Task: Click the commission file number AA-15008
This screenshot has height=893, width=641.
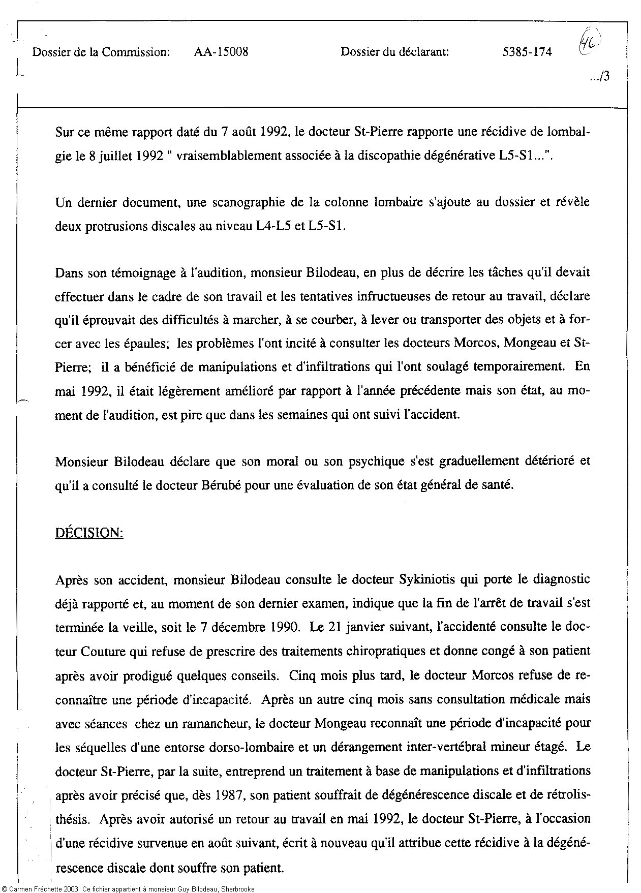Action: pos(221,52)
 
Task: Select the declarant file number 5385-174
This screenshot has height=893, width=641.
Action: pos(527,52)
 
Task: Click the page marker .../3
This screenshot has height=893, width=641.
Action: pos(600,77)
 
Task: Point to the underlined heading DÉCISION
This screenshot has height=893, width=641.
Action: pos(89,534)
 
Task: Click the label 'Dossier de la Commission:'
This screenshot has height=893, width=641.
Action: pos(101,52)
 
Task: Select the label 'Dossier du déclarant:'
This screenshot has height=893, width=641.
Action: pos(394,52)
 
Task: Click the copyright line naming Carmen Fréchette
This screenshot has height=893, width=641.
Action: pos(127,888)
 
